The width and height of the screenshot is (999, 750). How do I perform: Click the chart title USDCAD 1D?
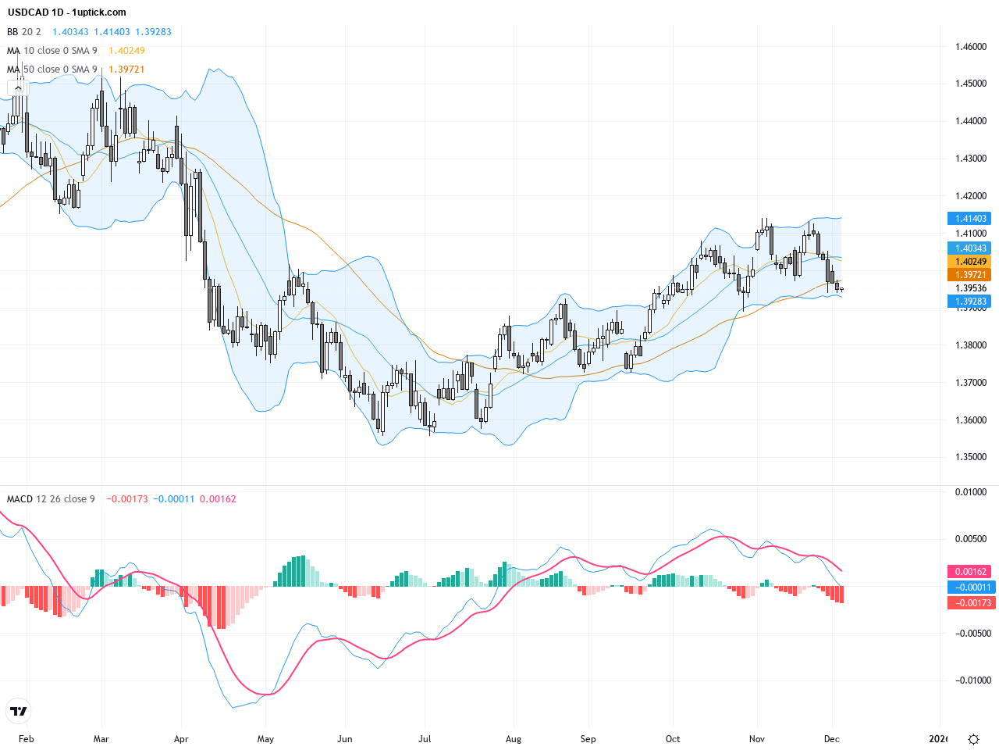(x=36, y=12)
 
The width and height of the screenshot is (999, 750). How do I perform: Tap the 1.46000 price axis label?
(x=971, y=47)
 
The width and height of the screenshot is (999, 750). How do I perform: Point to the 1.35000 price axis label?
(x=971, y=458)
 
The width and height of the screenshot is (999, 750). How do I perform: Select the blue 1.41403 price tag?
(x=969, y=219)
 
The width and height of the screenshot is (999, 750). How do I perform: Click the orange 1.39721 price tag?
(x=969, y=275)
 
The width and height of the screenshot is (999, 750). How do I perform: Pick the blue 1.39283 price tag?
(x=969, y=302)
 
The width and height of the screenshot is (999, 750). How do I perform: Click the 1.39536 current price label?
(x=971, y=288)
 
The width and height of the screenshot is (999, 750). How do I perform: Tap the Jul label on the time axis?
(x=425, y=739)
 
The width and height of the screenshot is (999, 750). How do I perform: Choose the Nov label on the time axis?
(x=756, y=739)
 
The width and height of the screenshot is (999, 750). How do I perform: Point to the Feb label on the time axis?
(x=27, y=739)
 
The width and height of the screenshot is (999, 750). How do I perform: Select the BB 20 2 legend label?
(x=24, y=32)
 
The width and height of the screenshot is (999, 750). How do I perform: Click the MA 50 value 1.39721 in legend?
(x=126, y=70)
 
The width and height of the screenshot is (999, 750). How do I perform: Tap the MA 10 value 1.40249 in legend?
(x=126, y=51)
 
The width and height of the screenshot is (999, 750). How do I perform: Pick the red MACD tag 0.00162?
(x=969, y=572)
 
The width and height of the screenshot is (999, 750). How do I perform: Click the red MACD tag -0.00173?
(x=969, y=603)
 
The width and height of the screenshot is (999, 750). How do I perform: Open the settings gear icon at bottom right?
(x=973, y=739)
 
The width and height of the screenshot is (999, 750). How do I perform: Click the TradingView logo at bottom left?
(x=19, y=711)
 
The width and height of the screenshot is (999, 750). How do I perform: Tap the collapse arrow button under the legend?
(x=18, y=88)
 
